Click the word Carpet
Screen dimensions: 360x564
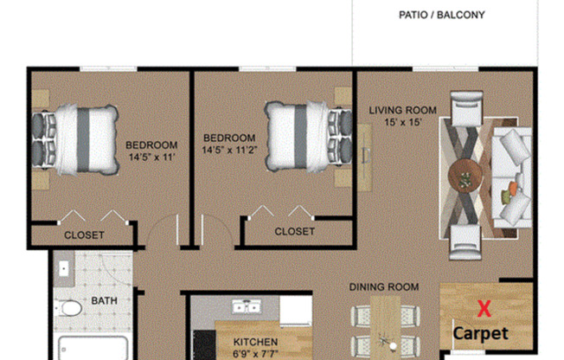click(x=482, y=332)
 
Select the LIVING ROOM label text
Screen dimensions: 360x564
click(x=402, y=110)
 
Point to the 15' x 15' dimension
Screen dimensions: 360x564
click(x=402, y=123)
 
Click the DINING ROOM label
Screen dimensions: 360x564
click(x=383, y=286)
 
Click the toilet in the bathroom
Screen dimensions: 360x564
click(x=70, y=308)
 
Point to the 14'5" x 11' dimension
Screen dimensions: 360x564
click(x=151, y=157)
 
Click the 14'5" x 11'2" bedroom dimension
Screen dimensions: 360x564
click(x=229, y=150)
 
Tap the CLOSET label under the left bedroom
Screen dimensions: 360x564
click(x=84, y=235)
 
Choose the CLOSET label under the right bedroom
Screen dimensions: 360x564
click(x=294, y=231)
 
